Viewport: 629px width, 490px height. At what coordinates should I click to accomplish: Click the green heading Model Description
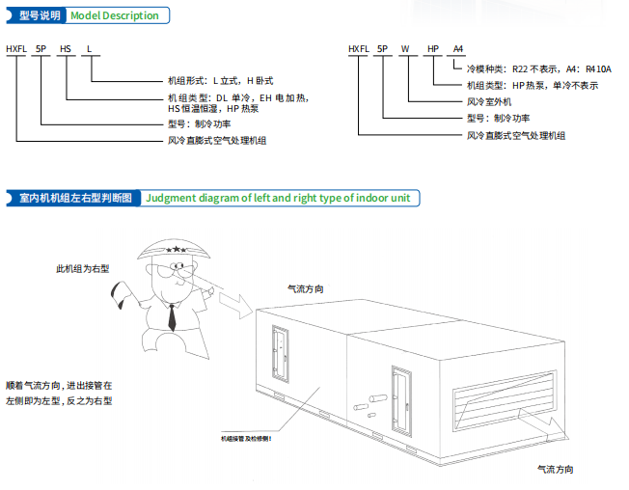click(114, 15)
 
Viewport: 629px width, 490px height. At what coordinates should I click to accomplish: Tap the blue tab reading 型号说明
click(39, 15)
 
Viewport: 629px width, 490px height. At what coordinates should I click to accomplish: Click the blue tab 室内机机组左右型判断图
click(74, 198)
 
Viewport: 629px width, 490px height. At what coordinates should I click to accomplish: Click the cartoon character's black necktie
click(171, 315)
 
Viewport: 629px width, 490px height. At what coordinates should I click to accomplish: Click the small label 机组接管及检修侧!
click(246, 438)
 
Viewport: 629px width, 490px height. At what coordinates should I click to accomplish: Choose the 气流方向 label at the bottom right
click(557, 469)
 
